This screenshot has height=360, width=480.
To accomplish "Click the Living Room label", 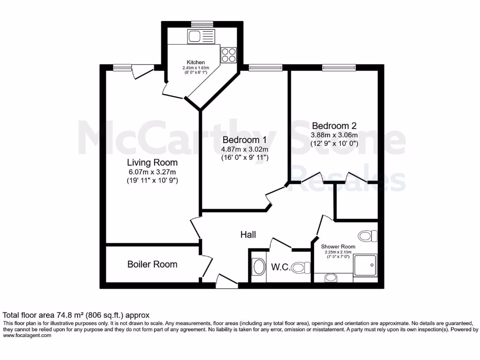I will tap(152, 163).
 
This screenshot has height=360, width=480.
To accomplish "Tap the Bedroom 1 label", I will tap(244, 140).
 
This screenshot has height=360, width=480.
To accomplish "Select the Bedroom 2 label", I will tap(334, 126).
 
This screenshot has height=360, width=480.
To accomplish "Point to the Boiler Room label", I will tap(152, 264).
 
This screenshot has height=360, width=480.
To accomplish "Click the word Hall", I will tap(248, 234).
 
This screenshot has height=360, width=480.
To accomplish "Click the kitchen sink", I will tap(201, 37).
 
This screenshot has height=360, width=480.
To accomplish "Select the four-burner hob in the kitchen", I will tap(229, 55).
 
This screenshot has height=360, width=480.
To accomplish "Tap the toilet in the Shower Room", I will tap(367, 235).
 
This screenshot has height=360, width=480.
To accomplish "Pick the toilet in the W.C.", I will tap(300, 268).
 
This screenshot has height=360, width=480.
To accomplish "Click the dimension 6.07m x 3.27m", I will tap(152, 172).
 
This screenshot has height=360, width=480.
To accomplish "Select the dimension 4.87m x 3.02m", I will tap(244, 149).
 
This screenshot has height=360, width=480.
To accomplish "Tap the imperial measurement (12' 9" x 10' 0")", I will tap(334, 143).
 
